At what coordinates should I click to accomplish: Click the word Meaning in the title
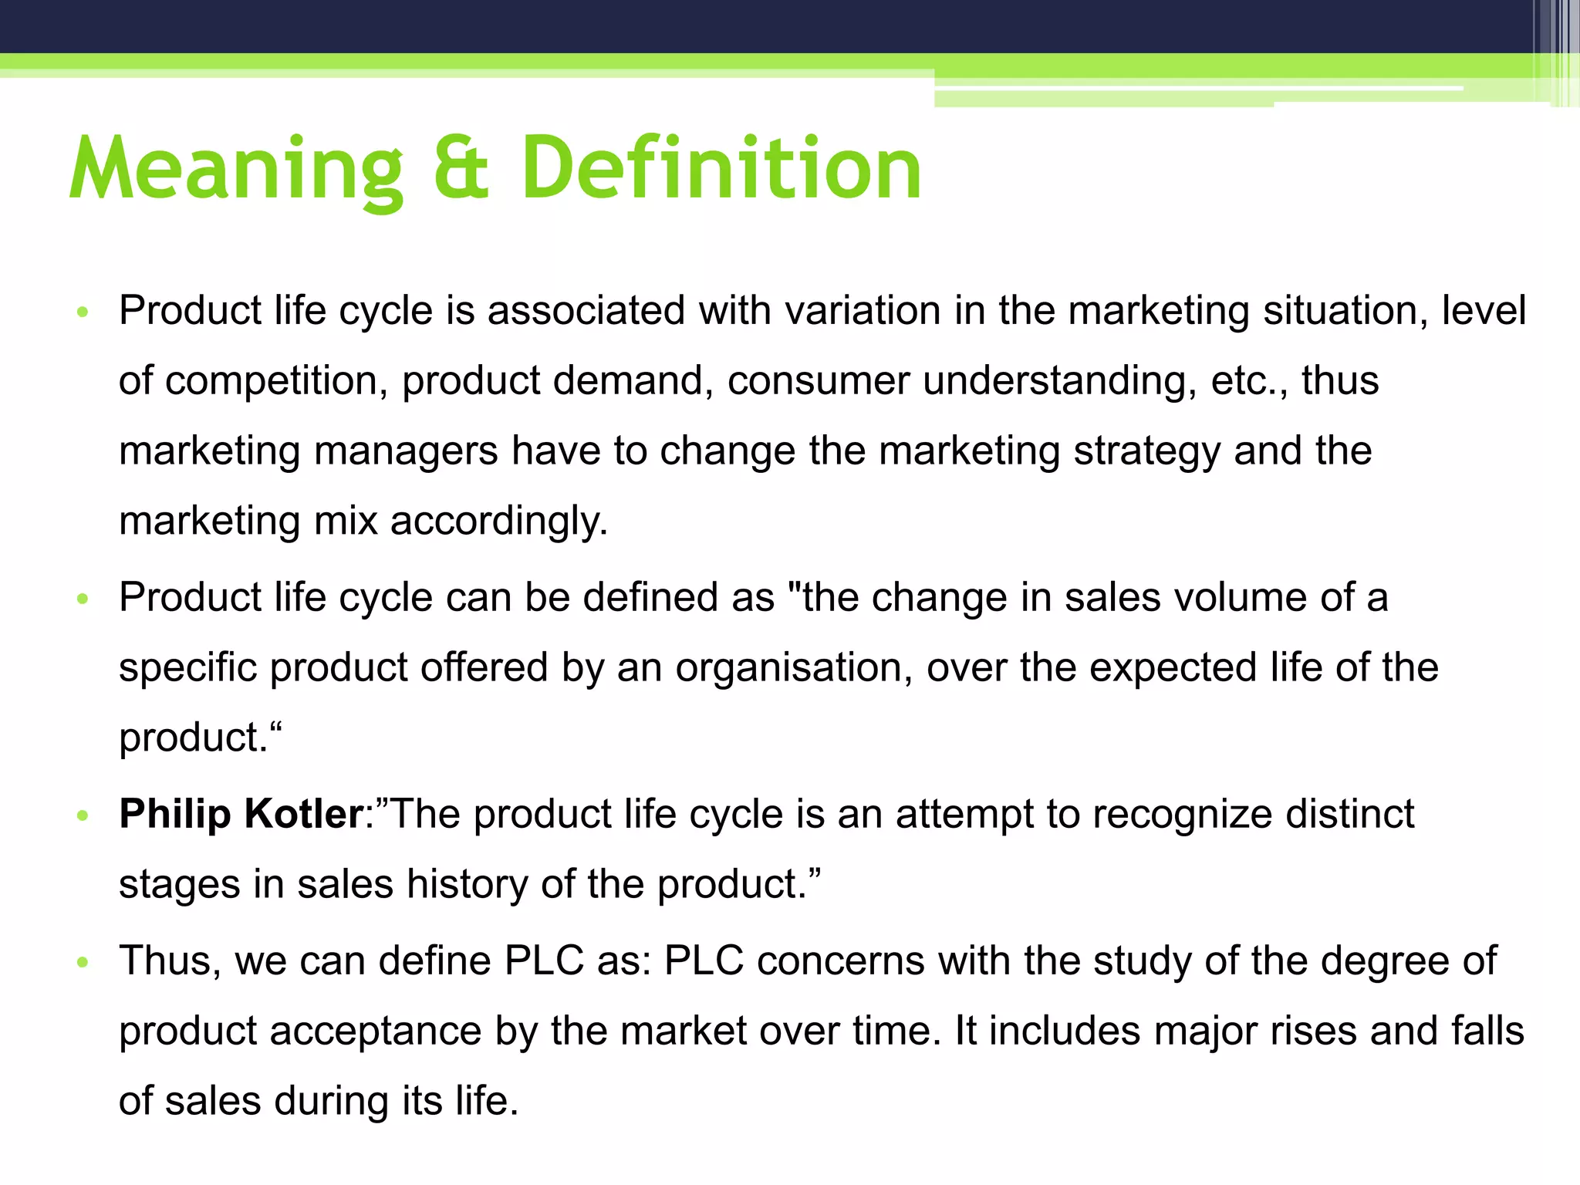pyautogui.click(x=235, y=168)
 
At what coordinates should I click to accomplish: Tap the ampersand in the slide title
pyautogui.click(x=461, y=168)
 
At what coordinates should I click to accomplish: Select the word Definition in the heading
pyautogui.click(x=721, y=168)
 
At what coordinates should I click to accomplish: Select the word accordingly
pyautogui.click(x=499, y=522)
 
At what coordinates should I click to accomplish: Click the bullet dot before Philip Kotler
pyautogui.click(x=84, y=815)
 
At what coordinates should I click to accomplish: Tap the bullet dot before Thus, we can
pyautogui.click(x=84, y=962)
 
